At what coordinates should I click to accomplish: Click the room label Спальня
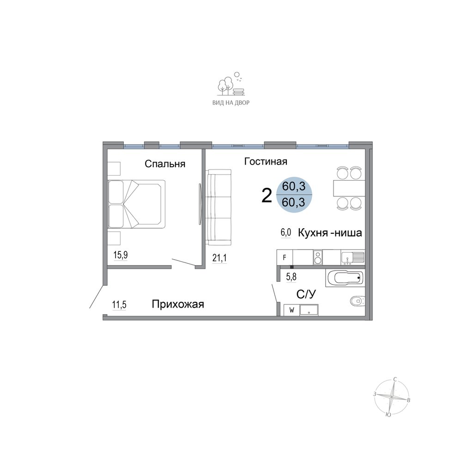pyautogui.click(x=165, y=164)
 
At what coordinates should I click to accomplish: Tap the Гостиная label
pyautogui.click(x=266, y=161)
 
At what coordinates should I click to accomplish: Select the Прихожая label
pyautogui.click(x=178, y=304)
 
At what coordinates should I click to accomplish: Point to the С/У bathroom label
pyautogui.click(x=306, y=294)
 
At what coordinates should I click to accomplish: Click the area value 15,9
pyautogui.click(x=121, y=255)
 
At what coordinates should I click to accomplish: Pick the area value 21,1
pyautogui.click(x=219, y=258)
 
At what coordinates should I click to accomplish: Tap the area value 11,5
pyautogui.click(x=119, y=304)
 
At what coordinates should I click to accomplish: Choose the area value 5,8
pyautogui.click(x=292, y=277)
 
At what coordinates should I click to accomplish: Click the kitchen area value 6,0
pyautogui.click(x=286, y=232)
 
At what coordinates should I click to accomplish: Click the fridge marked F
pyautogui.click(x=285, y=257)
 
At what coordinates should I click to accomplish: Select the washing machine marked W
pyautogui.click(x=292, y=310)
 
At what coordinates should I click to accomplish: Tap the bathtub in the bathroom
pyautogui.click(x=345, y=278)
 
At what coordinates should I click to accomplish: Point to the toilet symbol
pyautogui.click(x=358, y=301)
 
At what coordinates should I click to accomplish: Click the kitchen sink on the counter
pyautogui.click(x=353, y=257)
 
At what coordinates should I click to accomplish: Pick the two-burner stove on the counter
pyautogui.click(x=318, y=257)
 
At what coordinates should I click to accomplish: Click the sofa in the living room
pyautogui.click(x=219, y=207)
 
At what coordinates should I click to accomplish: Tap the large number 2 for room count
pyautogui.click(x=267, y=196)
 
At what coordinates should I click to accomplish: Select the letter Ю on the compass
pyautogui.click(x=389, y=415)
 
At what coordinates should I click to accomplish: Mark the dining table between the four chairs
pyautogui.click(x=349, y=188)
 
